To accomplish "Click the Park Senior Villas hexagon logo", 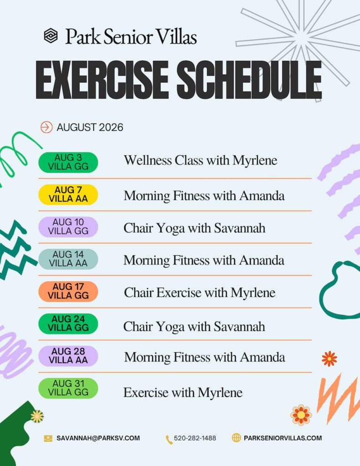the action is click(x=51, y=35).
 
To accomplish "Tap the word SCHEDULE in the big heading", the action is click(x=249, y=80).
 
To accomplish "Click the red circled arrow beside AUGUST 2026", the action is click(x=46, y=127).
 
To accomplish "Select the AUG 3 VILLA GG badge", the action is click(x=68, y=162).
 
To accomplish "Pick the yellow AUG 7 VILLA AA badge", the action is click(x=68, y=195).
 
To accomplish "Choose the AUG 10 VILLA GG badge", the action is click(x=68, y=227).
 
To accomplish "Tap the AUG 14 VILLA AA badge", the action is click(x=68, y=259).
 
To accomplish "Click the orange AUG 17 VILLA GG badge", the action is click(x=68, y=291).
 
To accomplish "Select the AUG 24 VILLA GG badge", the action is click(x=68, y=324).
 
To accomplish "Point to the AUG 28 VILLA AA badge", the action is click(x=68, y=356).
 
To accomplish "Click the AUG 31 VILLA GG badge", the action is click(x=68, y=388).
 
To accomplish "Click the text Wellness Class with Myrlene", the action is click(x=200, y=161).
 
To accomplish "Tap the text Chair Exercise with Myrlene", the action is click(x=199, y=293).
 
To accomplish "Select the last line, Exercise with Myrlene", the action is click(x=183, y=393).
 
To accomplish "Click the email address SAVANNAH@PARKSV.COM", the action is click(x=98, y=438).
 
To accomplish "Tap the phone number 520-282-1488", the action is click(x=195, y=438).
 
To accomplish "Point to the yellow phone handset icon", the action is click(x=169, y=440).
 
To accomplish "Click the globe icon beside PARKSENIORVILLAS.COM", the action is click(x=236, y=438).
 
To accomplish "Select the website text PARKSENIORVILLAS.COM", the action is click(x=283, y=438).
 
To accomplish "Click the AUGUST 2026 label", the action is click(x=90, y=127).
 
